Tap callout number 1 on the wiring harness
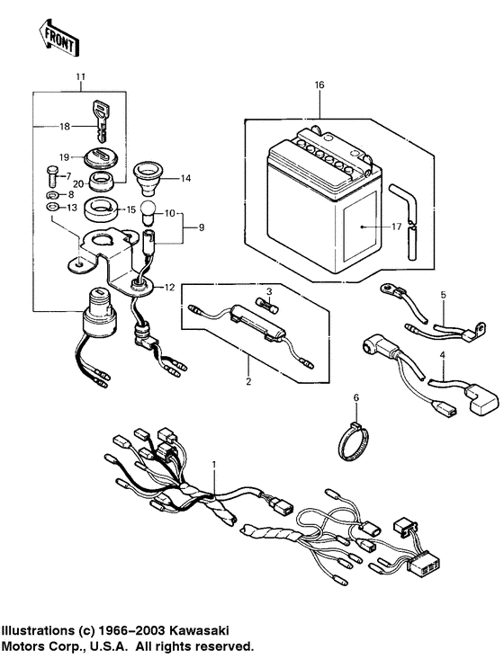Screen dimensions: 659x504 [x=214, y=463]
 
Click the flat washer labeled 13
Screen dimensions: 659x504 [x=51, y=208]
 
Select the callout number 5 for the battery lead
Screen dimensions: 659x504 [x=442, y=294]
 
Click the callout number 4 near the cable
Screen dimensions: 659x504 [x=442, y=355]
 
